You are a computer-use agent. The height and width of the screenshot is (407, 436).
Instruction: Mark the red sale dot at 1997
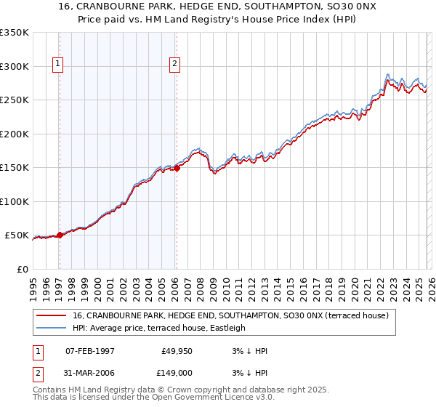click(60, 235)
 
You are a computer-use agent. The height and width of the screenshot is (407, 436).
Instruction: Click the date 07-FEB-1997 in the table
click(89, 351)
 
